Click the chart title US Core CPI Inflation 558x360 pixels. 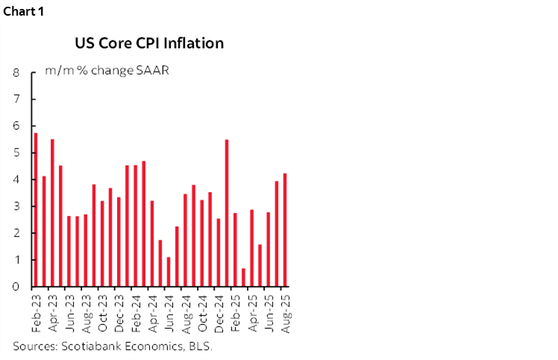tap(148, 43)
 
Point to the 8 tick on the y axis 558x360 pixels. tap(15, 73)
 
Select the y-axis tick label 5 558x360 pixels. tap(15, 154)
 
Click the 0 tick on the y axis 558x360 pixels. tap(15, 287)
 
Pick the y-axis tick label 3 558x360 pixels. tap(15, 206)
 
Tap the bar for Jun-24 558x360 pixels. tap(169, 272)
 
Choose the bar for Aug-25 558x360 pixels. tap(285, 230)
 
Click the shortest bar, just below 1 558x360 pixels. tap(243, 277)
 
